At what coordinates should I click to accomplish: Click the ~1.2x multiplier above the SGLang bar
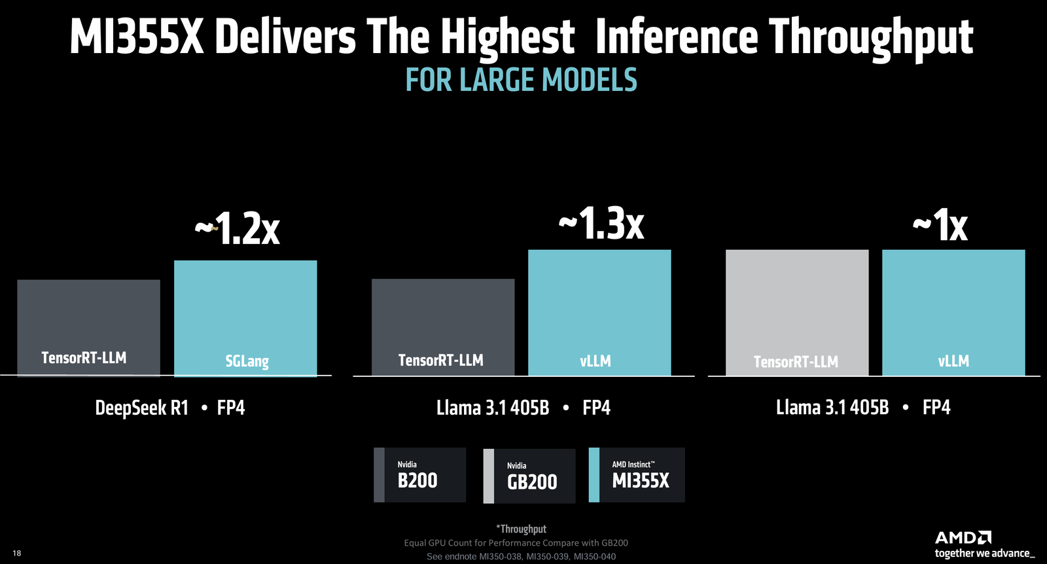(x=238, y=229)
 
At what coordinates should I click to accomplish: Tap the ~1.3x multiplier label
(x=601, y=224)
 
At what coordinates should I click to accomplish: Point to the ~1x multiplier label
(x=940, y=225)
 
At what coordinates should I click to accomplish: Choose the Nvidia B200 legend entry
(x=419, y=475)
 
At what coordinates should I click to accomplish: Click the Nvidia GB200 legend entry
(x=529, y=476)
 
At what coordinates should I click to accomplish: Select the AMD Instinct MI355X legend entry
(x=637, y=475)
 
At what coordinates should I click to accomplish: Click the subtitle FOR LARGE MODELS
(x=521, y=80)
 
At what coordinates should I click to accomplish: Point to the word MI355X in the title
(x=137, y=37)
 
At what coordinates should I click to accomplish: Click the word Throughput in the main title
(x=871, y=37)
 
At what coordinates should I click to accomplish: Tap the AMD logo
(x=963, y=538)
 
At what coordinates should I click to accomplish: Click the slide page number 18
(x=17, y=554)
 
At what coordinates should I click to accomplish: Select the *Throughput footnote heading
(x=521, y=529)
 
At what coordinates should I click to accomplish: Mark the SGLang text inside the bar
(x=247, y=361)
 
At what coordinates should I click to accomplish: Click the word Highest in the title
(x=507, y=37)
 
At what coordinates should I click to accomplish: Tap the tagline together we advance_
(x=984, y=554)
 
